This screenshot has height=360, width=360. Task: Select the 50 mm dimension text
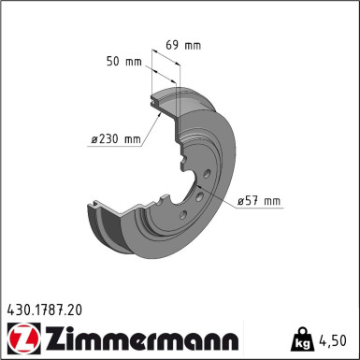(x=123, y=63)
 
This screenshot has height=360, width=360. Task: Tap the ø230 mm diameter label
(x=114, y=140)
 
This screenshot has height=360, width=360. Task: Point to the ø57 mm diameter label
(x=260, y=200)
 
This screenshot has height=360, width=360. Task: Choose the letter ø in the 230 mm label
(x=95, y=140)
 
